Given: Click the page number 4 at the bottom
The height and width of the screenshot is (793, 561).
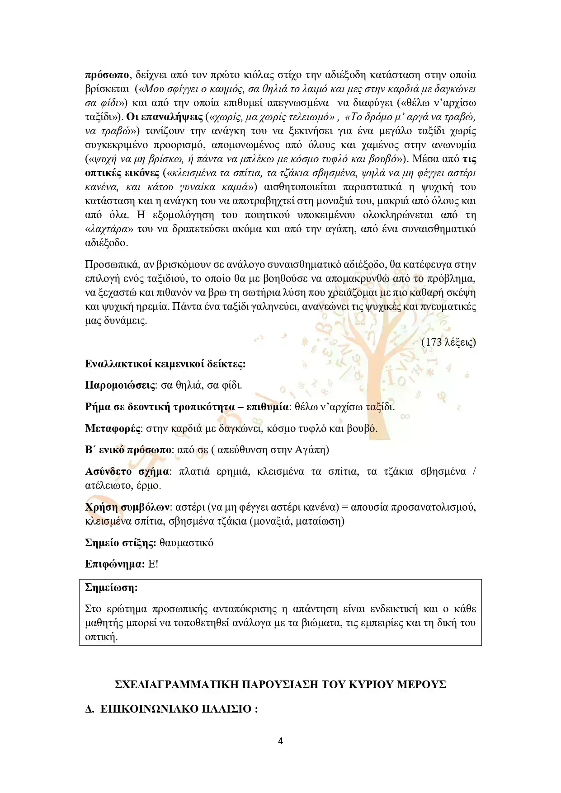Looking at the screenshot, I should pyautogui.click(x=280, y=741).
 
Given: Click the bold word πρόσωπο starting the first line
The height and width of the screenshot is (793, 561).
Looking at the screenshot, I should pyautogui.click(x=107, y=75).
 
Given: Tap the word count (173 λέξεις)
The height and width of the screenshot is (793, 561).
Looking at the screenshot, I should pyautogui.click(x=448, y=342).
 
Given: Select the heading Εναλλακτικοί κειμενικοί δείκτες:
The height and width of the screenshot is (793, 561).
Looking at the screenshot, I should pyautogui.click(x=165, y=364).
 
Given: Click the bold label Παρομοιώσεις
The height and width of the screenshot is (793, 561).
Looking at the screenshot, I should pyautogui.click(x=120, y=385).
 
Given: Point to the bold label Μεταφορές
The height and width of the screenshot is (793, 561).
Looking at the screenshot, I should pyautogui.click(x=113, y=428).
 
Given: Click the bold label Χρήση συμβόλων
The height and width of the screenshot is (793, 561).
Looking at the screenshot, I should pyautogui.click(x=127, y=507).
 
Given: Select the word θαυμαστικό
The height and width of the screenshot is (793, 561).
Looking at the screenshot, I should pyautogui.click(x=186, y=543).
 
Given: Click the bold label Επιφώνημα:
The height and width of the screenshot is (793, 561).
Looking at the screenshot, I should pyautogui.click(x=115, y=564).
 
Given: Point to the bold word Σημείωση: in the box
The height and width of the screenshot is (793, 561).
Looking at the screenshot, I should pyautogui.click(x=111, y=588).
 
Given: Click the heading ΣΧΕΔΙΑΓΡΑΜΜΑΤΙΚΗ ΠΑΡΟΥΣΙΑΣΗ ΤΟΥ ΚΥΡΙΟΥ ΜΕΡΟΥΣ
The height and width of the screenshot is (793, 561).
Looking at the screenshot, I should pyautogui.click(x=280, y=685).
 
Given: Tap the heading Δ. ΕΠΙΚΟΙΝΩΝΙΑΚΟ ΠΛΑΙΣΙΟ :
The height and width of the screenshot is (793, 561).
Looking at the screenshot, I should pyautogui.click(x=171, y=709).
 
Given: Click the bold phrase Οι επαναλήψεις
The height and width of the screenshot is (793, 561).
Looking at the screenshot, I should pyautogui.click(x=165, y=117).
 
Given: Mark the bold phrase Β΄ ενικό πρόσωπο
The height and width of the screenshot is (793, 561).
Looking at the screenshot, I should pyautogui.click(x=128, y=450).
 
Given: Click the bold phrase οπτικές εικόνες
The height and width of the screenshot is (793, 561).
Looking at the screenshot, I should pyautogui.click(x=122, y=173).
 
